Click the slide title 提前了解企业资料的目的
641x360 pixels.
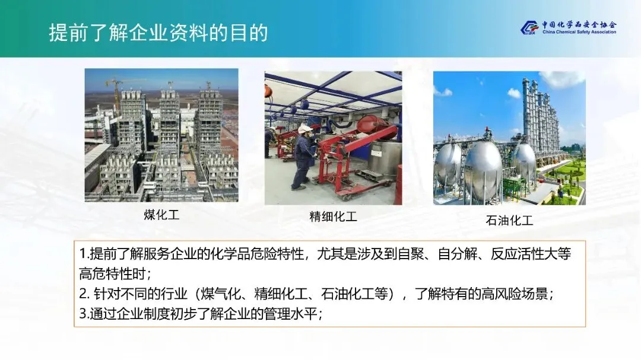pos(158,33)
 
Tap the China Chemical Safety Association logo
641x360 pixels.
pos(569,27)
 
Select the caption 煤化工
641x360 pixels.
pos(161,215)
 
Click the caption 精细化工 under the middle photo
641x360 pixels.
pos(333,216)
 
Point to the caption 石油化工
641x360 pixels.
pos(509,221)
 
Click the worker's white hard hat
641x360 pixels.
pos(304,129)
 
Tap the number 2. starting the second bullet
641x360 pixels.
pos(84,294)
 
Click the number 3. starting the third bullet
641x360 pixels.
pos(84,314)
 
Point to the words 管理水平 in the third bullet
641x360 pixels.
pos(291,314)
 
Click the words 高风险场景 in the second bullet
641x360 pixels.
pos(515,294)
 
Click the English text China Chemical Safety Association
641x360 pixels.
pos(579,32)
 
